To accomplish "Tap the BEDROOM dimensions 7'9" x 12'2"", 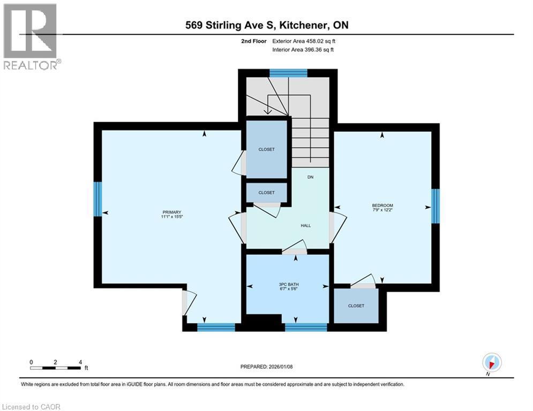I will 382,211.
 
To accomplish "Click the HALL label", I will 305,225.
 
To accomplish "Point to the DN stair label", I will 310,177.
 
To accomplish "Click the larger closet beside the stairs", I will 266,149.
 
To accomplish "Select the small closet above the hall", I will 266,193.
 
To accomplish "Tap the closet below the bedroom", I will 356,306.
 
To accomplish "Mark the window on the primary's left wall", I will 97,199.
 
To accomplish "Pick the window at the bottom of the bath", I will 306,327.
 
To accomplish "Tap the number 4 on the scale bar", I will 80,362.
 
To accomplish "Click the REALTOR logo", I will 31,36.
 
